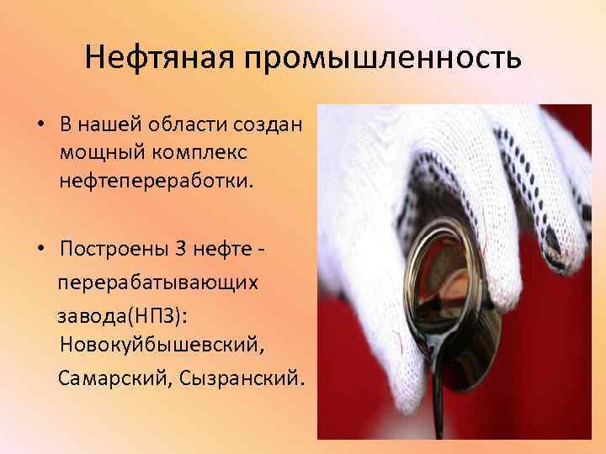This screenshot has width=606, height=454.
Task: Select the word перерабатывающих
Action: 158,282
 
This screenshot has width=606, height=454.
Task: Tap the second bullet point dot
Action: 40,251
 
